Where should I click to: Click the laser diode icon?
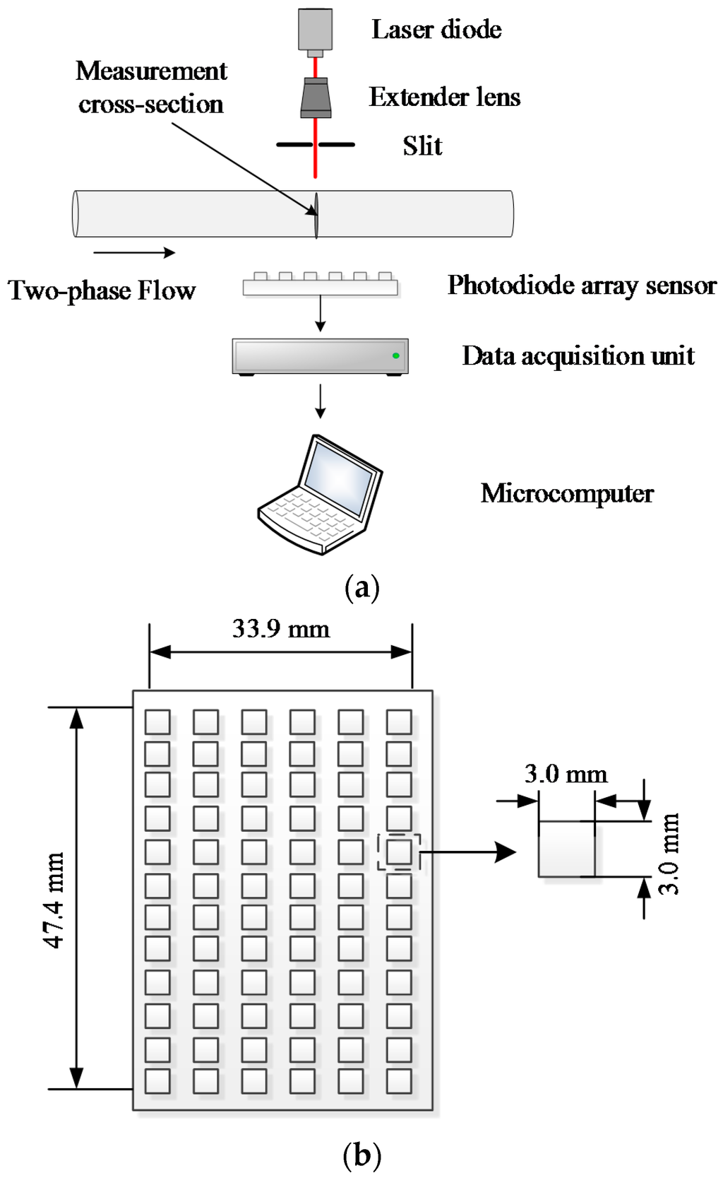315,30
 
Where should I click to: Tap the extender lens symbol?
316,98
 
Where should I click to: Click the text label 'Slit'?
422,146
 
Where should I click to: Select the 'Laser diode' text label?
436,30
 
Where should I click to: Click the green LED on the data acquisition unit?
396,355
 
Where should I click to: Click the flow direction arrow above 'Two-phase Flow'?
133,252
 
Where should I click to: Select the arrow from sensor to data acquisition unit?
321,313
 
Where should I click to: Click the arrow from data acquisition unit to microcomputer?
321,401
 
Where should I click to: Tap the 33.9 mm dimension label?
281,628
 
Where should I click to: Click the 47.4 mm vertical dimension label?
55,899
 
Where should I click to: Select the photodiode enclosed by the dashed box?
399,852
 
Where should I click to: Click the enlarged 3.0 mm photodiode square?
566,849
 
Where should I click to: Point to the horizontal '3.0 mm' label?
566,774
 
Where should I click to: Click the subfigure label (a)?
361,587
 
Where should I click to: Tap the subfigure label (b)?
361,1156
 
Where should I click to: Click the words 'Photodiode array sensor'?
581,285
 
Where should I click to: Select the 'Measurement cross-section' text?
151,87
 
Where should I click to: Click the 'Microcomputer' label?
567,493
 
